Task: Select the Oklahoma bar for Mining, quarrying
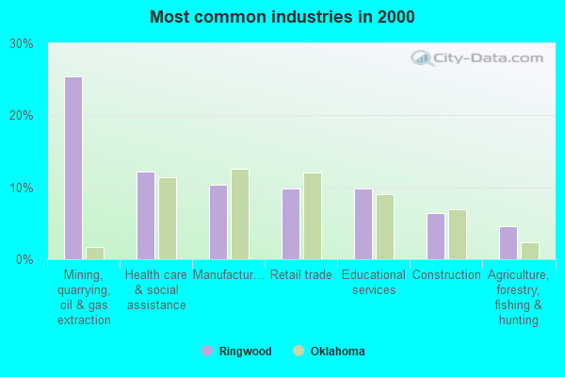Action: click(95, 253)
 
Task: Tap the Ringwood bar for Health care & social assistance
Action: click(146, 216)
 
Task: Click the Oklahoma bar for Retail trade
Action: click(313, 216)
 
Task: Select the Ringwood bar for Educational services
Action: click(363, 223)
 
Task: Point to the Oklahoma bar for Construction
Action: click(458, 234)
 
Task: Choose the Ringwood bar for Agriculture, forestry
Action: click(508, 242)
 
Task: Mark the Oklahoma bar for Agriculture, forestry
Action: click(530, 251)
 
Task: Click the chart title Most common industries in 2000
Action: click(282, 17)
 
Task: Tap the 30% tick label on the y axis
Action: click(22, 43)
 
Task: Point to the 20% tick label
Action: click(22, 115)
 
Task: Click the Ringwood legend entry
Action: click(236, 352)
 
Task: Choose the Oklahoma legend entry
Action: click(330, 352)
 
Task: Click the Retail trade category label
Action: click(300, 275)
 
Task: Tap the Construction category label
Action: click(446, 275)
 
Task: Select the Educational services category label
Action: click(374, 282)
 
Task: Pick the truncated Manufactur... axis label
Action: click(228, 275)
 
